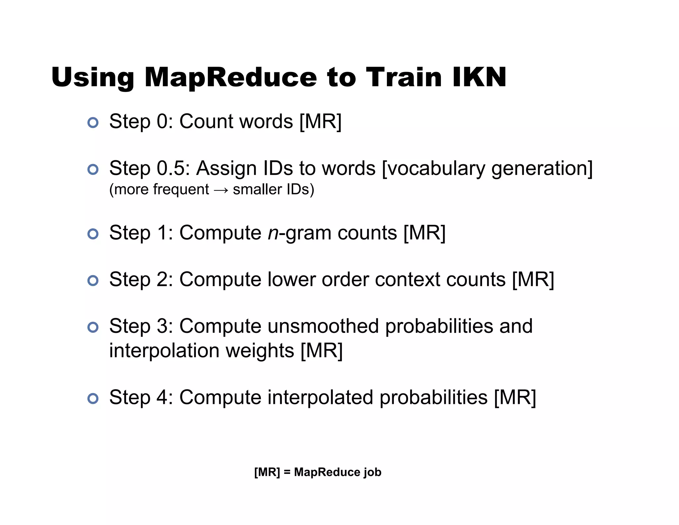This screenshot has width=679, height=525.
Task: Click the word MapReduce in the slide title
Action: [230, 78]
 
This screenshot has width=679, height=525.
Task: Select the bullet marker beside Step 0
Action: [93, 122]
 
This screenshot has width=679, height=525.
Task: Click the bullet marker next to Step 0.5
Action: [93, 169]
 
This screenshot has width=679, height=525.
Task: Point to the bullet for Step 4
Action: [93, 398]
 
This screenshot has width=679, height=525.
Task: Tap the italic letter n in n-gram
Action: [273, 233]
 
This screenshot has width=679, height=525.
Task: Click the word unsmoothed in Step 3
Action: [323, 326]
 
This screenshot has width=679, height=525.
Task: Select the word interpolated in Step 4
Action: [320, 398]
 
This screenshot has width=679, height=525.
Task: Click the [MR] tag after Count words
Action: [320, 122]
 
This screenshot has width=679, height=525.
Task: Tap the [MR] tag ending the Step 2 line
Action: [533, 280]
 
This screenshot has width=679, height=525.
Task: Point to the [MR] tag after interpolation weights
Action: [321, 351]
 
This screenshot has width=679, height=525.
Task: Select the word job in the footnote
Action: [372, 472]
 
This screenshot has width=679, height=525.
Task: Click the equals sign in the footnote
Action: [287, 472]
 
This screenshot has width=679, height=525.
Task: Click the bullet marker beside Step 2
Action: [93, 281]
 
